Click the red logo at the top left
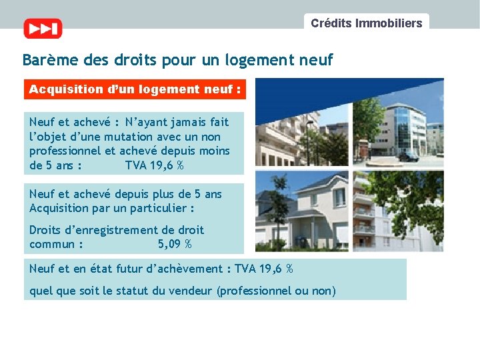click(43, 29)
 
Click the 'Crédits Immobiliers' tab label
click(366, 23)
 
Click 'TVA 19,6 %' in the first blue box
click(155, 165)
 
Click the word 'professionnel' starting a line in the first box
click(62, 151)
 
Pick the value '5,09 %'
click(175, 244)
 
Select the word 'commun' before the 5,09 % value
click(52, 244)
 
